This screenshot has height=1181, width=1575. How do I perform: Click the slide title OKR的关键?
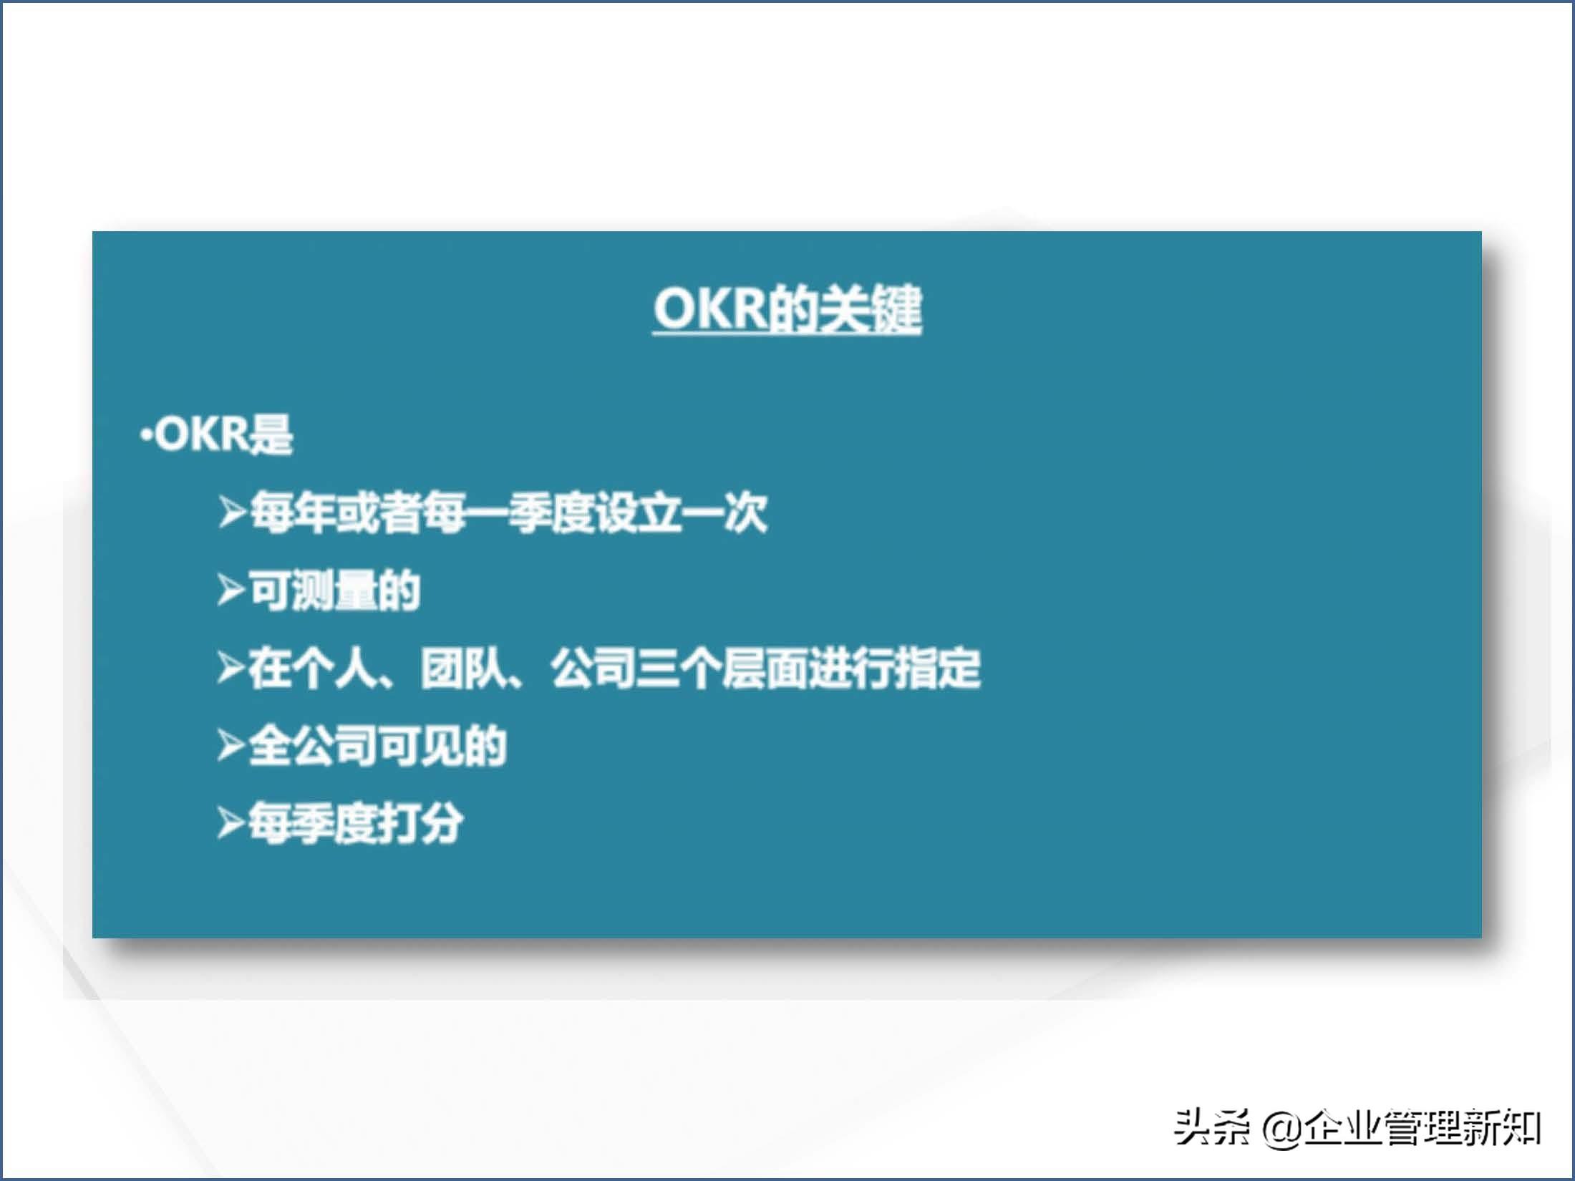pos(787,310)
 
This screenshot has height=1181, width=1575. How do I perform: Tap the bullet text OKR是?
pos(223,434)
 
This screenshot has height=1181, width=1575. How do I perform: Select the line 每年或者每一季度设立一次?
pos(508,512)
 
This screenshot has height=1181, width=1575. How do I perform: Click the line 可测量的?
pos(334,590)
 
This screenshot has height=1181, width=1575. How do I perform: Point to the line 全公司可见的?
pos(377,746)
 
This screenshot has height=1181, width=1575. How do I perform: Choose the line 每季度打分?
pos(355,823)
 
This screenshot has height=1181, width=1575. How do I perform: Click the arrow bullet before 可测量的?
pos(231,591)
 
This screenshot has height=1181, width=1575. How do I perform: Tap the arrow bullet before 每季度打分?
pos(231,824)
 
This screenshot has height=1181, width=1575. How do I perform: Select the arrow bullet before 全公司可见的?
pos(231,747)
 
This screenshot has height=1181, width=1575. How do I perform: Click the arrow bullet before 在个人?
pos(231,669)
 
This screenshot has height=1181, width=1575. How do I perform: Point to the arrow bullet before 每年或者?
pos(233,513)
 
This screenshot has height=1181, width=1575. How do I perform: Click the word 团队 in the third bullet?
pos(463,668)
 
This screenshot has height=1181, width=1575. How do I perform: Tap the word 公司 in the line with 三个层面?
pos(593,668)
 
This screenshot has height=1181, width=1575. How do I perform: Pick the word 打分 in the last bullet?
pos(420,823)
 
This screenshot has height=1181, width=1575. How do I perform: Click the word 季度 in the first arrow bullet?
pos(551,512)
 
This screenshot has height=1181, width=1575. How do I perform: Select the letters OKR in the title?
pos(710,310)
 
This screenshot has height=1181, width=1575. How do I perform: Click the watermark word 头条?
pos(1212,1128)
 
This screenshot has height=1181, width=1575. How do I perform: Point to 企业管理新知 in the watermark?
pos(1422,1128)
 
